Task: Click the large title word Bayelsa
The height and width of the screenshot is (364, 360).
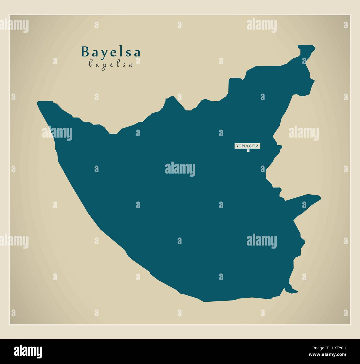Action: tap(110, 52)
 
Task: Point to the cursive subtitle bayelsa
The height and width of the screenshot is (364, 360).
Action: tap(110, 64)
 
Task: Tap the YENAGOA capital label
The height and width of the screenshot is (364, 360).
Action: tap(248, 146)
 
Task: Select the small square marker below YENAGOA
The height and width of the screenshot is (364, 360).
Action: tap(248, 151)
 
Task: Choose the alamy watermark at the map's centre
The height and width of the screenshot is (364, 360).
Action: tap(180, 169)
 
